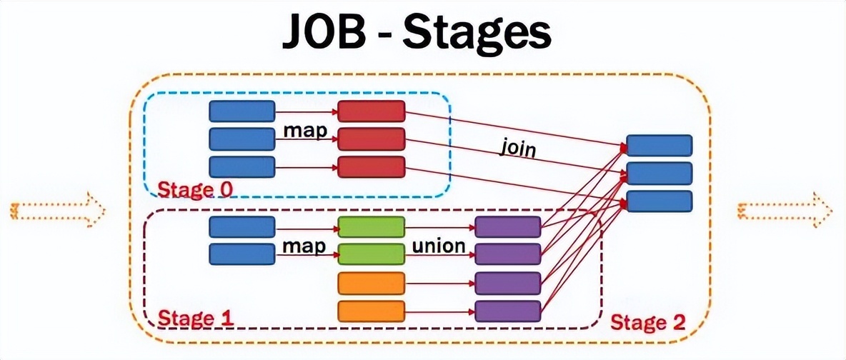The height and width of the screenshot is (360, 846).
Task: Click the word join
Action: click(x=517, y=149)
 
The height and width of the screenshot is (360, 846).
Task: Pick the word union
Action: click(x=439, y=246)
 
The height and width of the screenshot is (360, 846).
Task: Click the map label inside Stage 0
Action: click(x=304, y=131)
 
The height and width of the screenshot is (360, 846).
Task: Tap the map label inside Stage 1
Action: click(x=304, y=246)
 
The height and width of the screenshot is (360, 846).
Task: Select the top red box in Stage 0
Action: click(x=371, y=111)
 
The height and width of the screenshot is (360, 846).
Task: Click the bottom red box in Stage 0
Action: click(x=371, y=166)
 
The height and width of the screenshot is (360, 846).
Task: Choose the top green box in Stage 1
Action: click(x=371, y=227)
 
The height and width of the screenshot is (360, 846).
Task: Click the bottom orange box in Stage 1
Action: click(x=371, y=311)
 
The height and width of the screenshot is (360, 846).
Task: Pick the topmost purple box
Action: click(x=507, y=227)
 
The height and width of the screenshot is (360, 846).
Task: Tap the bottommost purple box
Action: click(x=507, y=311)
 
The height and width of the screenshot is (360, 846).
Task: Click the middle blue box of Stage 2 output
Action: click(x=659, y=173)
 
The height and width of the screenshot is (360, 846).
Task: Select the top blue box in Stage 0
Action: click(x=242, y=111)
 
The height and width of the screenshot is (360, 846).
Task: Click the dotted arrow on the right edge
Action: click(x=785, y=210)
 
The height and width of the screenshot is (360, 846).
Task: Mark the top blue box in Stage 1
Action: click(x=242, y=227)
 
